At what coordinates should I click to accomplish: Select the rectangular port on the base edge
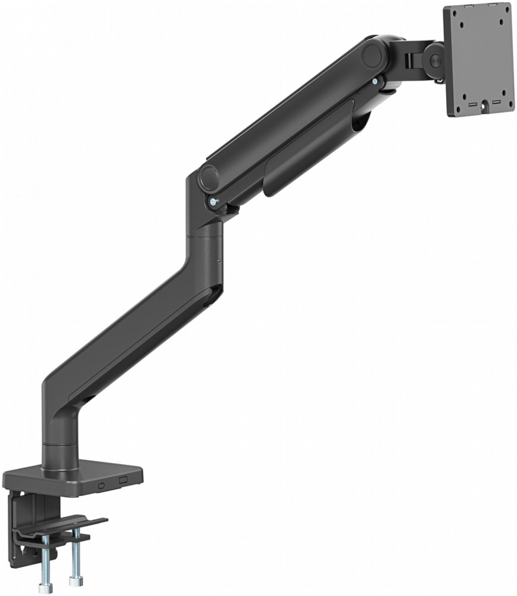(x=123, y=480)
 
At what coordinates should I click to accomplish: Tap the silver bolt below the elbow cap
(x=212, y=202)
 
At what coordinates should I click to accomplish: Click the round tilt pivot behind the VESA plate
(x=434, y=60)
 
